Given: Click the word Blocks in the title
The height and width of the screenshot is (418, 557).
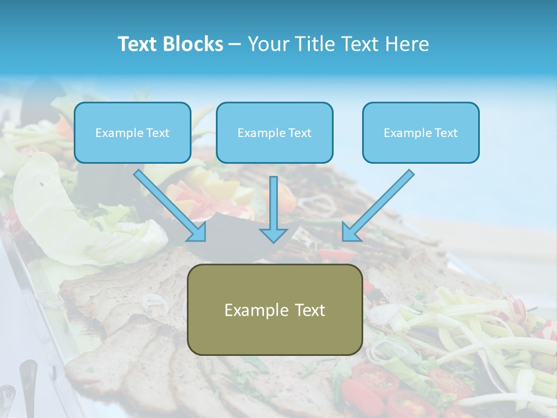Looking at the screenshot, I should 194,44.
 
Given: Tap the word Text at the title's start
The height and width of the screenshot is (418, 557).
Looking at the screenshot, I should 139,44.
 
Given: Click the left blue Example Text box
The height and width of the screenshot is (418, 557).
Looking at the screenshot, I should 132,132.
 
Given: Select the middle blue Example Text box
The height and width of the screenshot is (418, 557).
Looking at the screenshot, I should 274,132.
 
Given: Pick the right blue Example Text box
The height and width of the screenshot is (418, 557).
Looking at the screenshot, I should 421,132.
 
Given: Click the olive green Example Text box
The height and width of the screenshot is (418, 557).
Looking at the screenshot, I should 274,310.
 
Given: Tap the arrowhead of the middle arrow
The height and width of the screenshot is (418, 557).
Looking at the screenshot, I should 273,235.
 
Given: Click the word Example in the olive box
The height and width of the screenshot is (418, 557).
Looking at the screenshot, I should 255,310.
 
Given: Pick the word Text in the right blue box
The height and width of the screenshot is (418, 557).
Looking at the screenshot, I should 446,133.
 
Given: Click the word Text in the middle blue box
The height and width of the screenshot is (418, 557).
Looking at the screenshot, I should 299,133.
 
